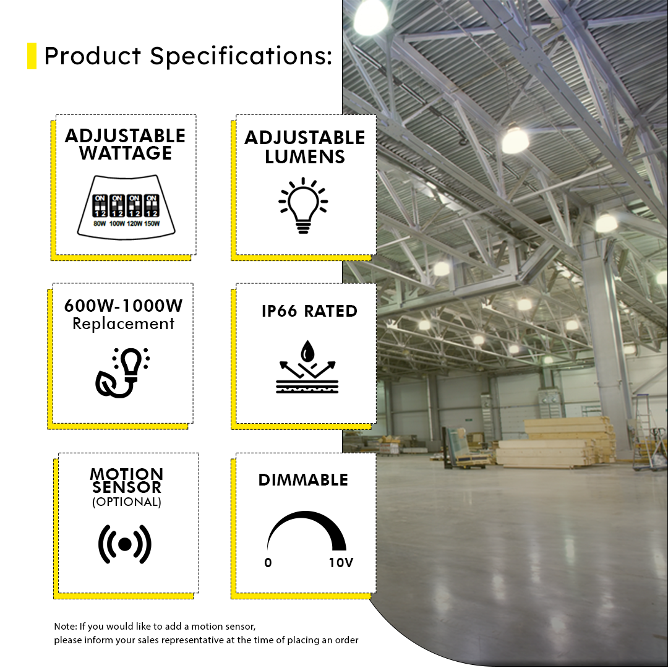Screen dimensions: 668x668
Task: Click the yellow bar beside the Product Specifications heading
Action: pyautogui.click(x=32, y=56)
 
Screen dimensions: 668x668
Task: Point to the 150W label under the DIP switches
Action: pyautogui.click(x=152, y=223)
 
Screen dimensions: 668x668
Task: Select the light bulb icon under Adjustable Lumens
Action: pyautogui.click(x=303, y=205)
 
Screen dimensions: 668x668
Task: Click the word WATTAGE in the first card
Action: pyautogui.click(x=126, y=153)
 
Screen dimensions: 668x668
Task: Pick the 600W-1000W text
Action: pyautogui.click(x=124, y=306)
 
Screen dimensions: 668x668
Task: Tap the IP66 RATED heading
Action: pyautogui.click(x=309, y=311)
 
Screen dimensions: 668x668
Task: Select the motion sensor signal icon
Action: pyautogui.click(x=125, y=544)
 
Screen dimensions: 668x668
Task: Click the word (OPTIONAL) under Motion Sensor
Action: pyautogui.click(x=127, y=502)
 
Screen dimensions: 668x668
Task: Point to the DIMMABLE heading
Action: pyautogui.click(x=303, y=480)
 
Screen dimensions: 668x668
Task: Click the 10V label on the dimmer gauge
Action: pyautogui.click(x=341, y=563)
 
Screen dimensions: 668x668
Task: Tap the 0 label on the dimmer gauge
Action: pyautogui.click(x=268, y=563)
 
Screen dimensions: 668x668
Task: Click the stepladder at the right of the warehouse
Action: pyautogui.click(x=643, y=433)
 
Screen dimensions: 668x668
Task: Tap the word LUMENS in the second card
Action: pyautogui.click(x=305, y=156)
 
